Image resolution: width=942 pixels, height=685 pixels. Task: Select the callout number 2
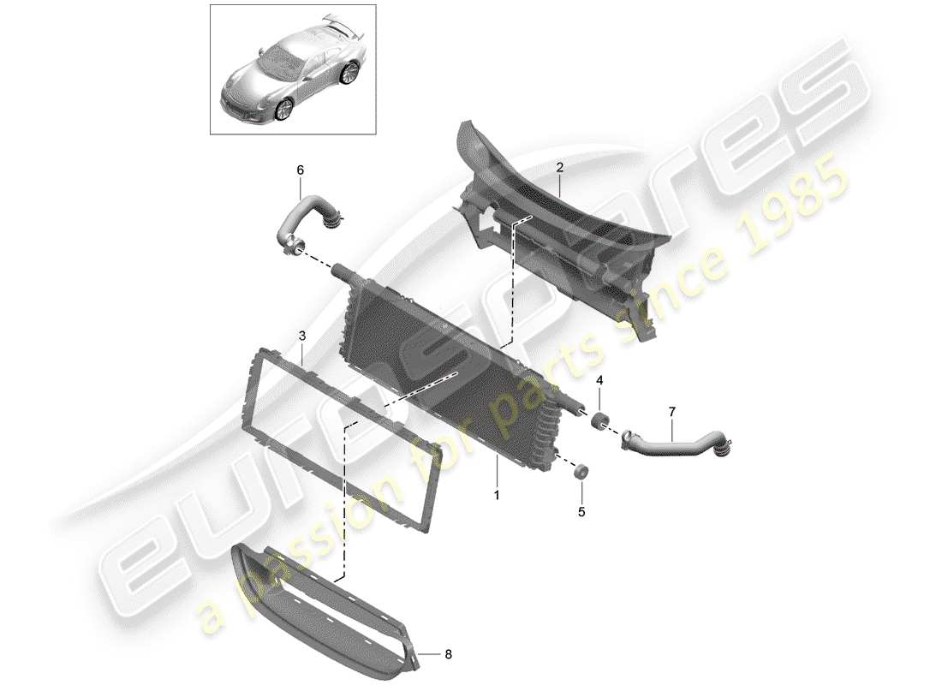pyautogui.click(x=558, y=170)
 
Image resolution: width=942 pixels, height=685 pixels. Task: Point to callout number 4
pyautogui.click(x=599, y=379)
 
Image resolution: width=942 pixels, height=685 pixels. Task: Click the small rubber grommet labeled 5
pyautogui.click(x=581, y=469)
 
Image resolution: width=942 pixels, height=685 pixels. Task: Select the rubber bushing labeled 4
pyautogui.click(x=598, y=420)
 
